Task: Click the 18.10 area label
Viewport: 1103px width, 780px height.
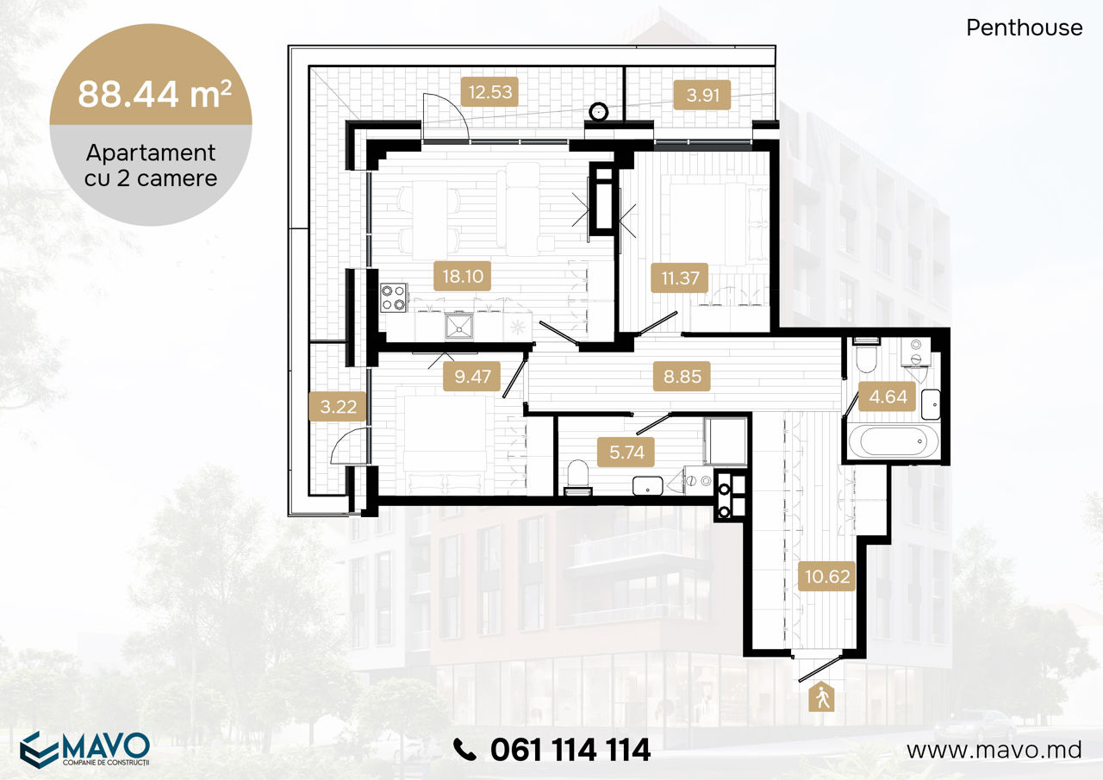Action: (x=462, y=277)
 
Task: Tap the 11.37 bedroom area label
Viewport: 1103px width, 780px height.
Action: (x=680, y=278)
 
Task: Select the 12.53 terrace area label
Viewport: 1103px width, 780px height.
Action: (x=490, y=92)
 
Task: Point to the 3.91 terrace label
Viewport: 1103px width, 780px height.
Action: (x=702, y=95)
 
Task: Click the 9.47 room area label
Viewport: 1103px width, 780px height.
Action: (x=472, y=377)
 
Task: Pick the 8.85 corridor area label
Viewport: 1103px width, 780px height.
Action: (x=682, y=377)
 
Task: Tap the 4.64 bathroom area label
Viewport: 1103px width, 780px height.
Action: (x=888, y=396)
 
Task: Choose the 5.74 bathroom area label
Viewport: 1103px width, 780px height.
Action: (x=626, y=452)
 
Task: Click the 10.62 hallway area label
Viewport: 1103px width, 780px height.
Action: (x=827, y=577)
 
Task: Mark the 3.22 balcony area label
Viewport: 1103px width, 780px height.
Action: (x=338, y=407)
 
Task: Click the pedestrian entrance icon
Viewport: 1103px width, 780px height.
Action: (x=822, y=696)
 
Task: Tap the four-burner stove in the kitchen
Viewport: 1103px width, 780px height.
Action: (x=394, y=297)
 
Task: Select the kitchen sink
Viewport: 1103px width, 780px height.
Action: (x=459, y=326)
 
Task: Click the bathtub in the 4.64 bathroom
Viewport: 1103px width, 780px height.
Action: (x=894, y=440)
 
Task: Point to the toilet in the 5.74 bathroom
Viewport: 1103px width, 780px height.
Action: (x=577, y=477)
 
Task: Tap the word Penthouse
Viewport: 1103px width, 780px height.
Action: (x=1025, y=28)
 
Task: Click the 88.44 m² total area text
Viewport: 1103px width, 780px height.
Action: (x=154, y=94)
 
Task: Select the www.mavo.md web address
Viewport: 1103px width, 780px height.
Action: (x=994, y=750)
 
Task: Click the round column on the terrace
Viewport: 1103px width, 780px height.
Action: (x=598, y=112)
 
